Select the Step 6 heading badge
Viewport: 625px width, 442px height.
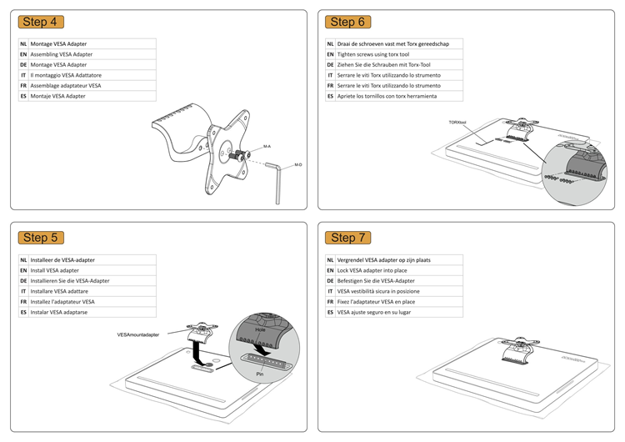coord(348,22)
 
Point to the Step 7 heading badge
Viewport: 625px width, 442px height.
coord(348,238)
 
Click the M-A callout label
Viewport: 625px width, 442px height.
coord(267,147)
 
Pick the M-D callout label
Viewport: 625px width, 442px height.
coord(297,165)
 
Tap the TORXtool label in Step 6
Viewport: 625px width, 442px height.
coord(457,123)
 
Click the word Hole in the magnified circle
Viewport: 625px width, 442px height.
coord(260,329)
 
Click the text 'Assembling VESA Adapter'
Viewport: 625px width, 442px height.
coord(61,54)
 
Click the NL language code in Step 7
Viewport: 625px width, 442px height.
coord(330,259)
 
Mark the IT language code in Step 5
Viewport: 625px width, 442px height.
coord(23,291)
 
